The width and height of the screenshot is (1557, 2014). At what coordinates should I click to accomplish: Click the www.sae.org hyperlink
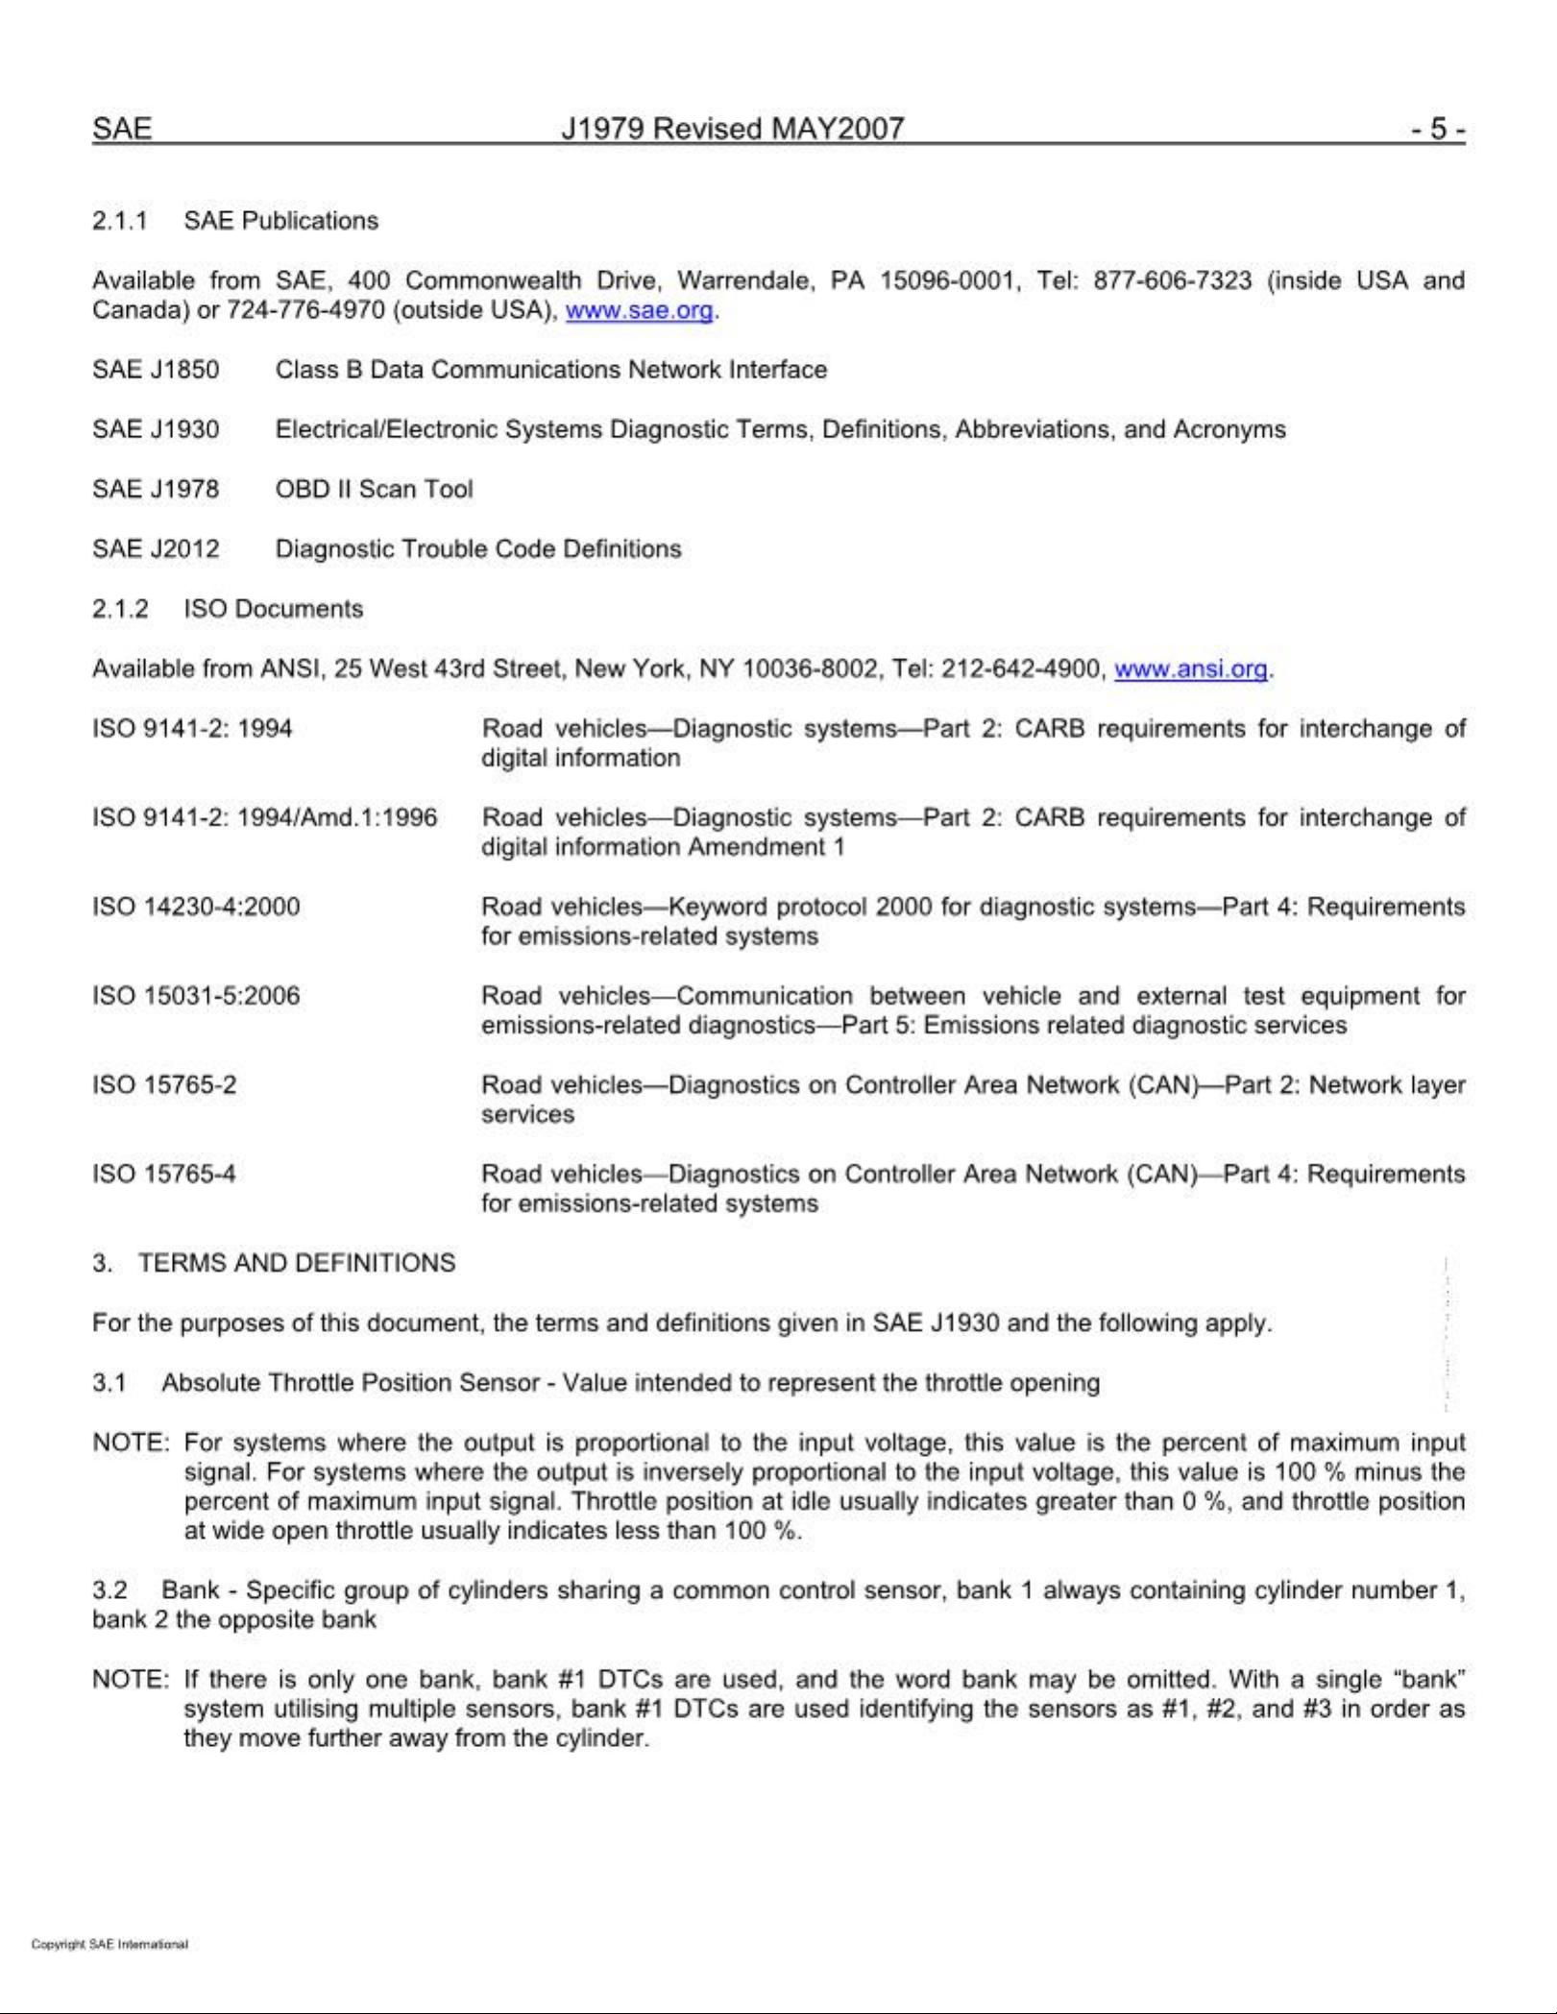(x=639, y=311)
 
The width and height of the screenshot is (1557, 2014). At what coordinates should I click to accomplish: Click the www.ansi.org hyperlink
(x=1190, y=669)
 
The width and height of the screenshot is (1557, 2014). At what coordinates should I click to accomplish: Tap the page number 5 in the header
(x=1438, y=130)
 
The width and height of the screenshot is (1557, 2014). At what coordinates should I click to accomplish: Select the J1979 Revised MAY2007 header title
(x=732, y=130)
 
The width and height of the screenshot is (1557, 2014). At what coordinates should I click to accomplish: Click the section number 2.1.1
(x=119, y=221)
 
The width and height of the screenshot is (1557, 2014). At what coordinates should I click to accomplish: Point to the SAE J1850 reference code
(x=156, y=371)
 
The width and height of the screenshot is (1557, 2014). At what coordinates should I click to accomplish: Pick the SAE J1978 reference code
(x=156, y=490)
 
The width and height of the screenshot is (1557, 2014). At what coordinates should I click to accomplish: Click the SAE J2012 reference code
(x=156, y=549)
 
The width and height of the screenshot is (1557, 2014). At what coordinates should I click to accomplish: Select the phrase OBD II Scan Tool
(x=374, y=490)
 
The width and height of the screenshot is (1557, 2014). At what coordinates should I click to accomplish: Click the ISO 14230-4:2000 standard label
(x=196, y=907)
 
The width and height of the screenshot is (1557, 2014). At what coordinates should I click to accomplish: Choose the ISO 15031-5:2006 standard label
(x=196, y=996)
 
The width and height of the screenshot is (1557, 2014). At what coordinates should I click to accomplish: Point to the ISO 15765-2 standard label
(x=164, y=1085)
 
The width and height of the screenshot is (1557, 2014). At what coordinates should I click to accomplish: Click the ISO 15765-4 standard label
(x=164, y=1175)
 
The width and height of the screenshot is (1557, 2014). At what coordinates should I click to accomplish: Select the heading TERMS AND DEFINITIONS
(x=297, y=1263)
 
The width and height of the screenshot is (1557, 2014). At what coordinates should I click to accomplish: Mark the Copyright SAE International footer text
(x=109, y=1945)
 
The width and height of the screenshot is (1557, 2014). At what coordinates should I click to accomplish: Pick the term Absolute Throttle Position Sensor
(x=351, y=1383)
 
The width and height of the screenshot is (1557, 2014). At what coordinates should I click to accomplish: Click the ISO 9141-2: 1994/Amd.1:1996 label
(x=264, y=818)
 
